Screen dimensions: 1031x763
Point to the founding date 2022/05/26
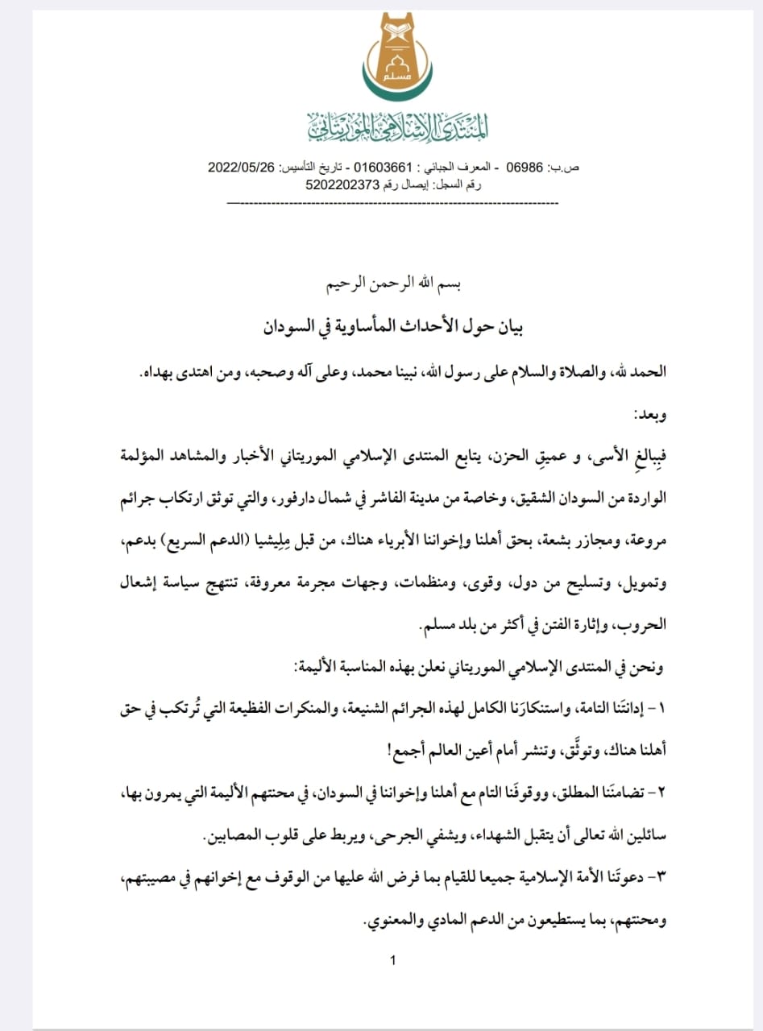pos(242,168)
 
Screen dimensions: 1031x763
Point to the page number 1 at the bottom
pos(392,960)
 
